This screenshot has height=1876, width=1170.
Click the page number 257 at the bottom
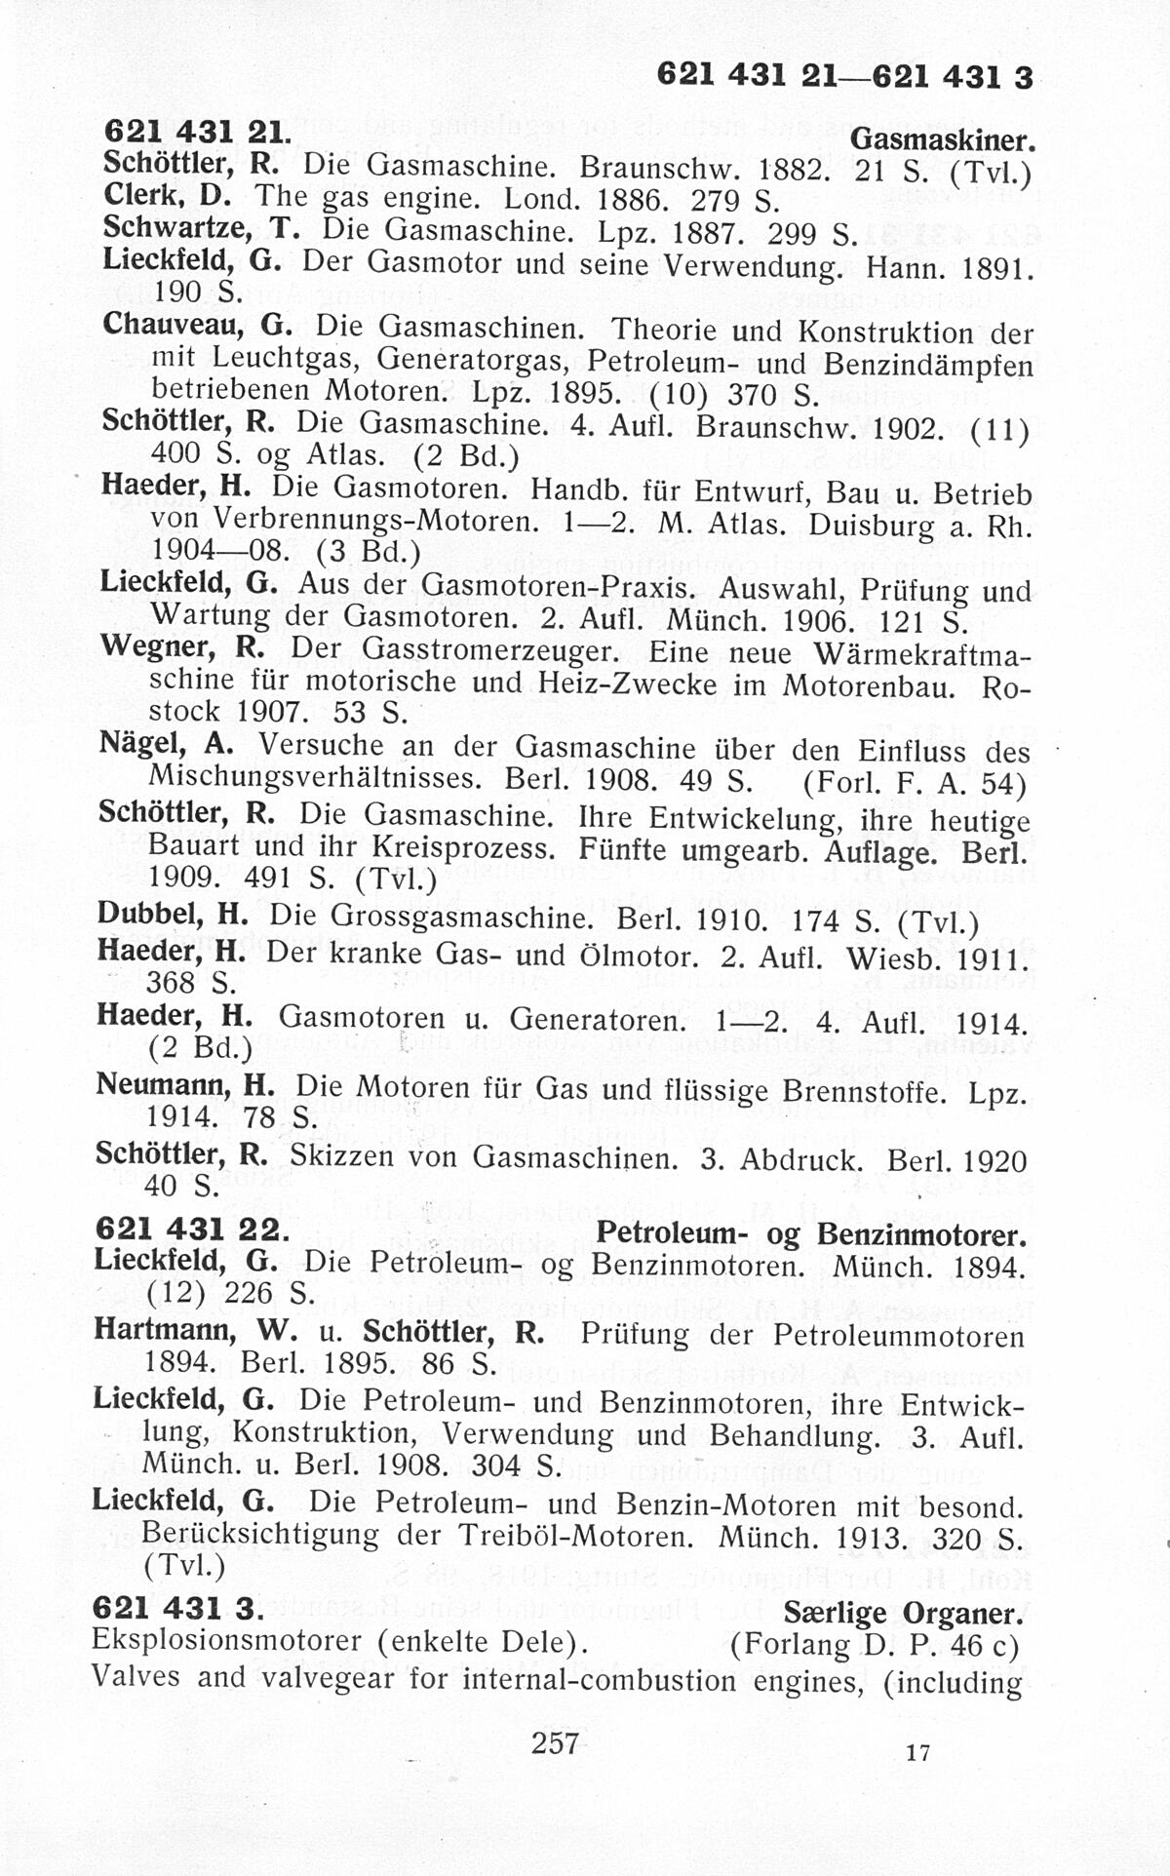(555, 1741)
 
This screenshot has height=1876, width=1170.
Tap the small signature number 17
(917, 1752)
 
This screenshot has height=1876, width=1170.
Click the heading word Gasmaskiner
(942, 139)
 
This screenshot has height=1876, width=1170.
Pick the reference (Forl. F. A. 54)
(914, 783)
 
